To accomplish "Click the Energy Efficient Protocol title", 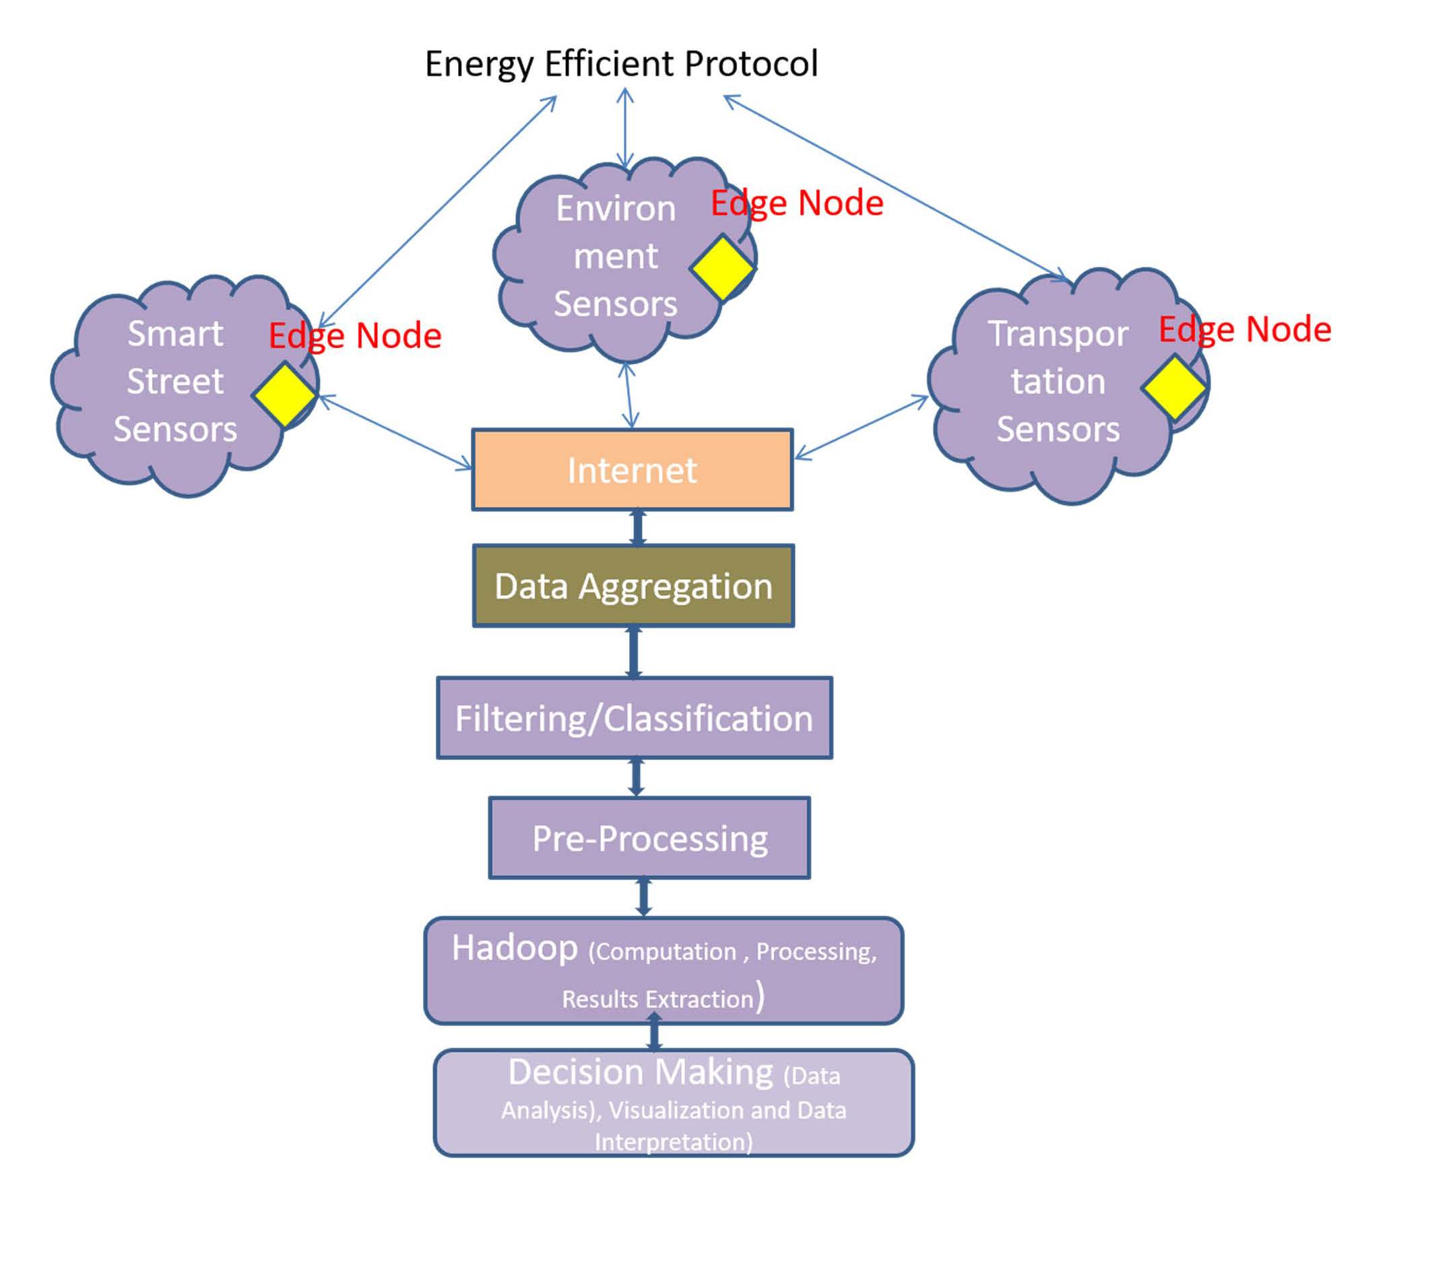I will coord(621,64).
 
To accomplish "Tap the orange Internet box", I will coord(632,470).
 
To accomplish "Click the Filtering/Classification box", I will coord(634,718).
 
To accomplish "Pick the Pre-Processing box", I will coord(649,838).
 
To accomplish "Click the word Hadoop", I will coord(515,947).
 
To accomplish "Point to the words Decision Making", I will coord(640,1072).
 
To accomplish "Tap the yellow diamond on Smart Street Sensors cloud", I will coord(284,394).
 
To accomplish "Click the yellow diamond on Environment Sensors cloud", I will coord(721,268).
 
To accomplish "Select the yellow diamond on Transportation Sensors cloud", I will coord(1173,388).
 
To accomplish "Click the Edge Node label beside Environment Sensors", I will coord(797,203).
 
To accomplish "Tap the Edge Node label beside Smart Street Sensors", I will coord(354,336).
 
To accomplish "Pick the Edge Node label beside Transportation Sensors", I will coord(1244,329).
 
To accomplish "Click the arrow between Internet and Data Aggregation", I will coord(637,528).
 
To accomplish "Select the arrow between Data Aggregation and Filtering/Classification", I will coord(634,652).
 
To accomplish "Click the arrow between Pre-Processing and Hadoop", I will coord(643,898).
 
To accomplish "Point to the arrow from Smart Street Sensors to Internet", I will coord(395,432).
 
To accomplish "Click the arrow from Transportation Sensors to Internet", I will coord(861,428).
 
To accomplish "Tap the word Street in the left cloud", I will coord(175,381).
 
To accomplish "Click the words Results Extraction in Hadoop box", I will coord(657,999).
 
